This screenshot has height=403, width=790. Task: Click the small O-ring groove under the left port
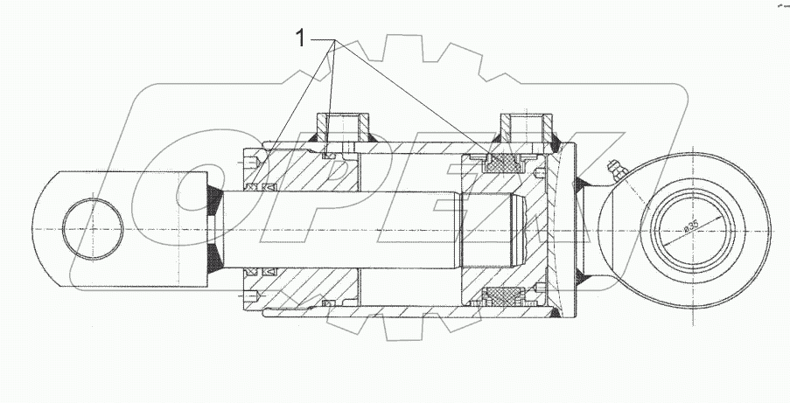pyautogui.click(x=329, y=156)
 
